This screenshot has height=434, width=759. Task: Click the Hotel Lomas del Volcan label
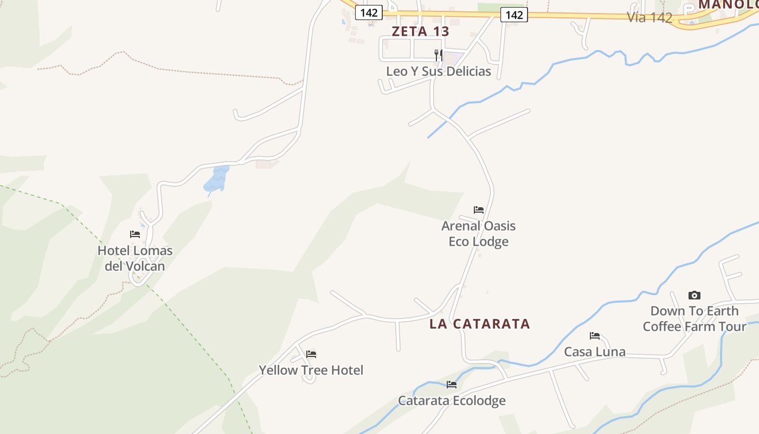(135, 258)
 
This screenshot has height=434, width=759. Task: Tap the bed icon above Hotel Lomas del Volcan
(135, 234)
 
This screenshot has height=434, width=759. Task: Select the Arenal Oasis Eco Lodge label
(478, 233)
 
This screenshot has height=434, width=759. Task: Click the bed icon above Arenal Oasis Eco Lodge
(478, 209)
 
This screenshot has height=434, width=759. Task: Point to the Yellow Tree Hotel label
(311, 370)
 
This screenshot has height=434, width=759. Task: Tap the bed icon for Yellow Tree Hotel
(311, 354)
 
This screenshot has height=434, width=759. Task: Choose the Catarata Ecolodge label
(452, 400)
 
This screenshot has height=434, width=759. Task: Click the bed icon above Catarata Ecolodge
(452, 385)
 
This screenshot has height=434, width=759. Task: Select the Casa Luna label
(595, 352)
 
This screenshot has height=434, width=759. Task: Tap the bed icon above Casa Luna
(595, 336)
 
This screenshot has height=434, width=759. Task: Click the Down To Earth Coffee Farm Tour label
(694, 318)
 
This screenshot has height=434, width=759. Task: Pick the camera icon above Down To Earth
(694, 295)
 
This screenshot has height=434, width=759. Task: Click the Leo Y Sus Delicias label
(439, 71)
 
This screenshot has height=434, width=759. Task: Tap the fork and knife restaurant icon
(439, 55)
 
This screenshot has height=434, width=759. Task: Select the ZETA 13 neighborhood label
(421, 31)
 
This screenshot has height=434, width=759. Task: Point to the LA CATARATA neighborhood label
(480, 324)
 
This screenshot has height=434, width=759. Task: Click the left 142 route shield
(369, 12)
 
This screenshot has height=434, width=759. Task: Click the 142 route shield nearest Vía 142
(514, 15)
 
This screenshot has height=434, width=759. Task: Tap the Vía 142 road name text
(649, 17)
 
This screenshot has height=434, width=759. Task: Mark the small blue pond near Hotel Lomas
(217, 180)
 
